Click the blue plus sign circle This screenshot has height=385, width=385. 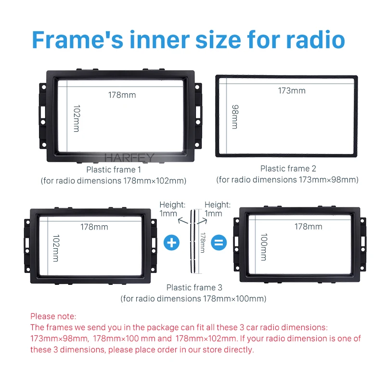pos(171,243)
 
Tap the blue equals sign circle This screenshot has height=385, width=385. pos(219,243)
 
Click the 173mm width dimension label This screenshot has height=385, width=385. pos(292,90)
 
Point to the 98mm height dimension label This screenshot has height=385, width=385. pos(235,117)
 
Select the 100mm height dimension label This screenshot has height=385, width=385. pos(263,247)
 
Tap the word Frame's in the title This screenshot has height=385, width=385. pos(77,39)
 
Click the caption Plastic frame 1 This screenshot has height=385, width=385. pos(114,169)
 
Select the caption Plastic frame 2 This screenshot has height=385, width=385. pos(288,168)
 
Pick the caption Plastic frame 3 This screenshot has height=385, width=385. pos(194,287)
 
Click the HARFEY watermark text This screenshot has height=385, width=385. pos(129,158)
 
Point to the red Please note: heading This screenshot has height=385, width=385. pos(53,316)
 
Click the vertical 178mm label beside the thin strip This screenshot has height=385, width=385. pos(203,243)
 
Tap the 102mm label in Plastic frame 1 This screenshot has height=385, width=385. pos(77,118)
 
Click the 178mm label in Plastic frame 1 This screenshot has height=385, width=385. pos(122,95)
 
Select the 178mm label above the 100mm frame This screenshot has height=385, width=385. pos(308,226)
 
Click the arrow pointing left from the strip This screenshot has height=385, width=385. pos(183,220)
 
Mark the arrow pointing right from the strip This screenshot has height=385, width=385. pos(202,221)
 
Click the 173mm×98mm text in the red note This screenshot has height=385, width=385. pos(59,338)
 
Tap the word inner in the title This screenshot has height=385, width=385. pos(159,39)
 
